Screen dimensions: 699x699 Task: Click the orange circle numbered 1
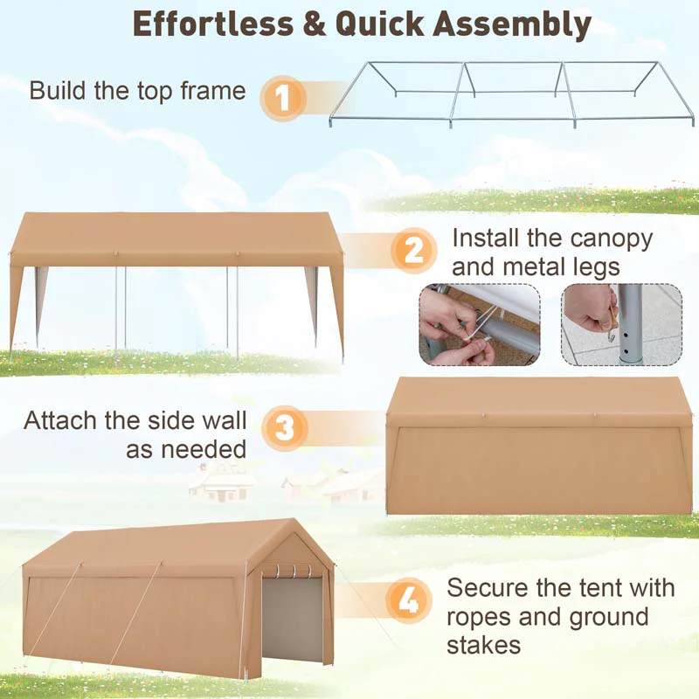pyautogui.click(x=281, y=97)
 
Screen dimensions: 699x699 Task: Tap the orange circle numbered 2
pyautogui.click(x=413, y=251)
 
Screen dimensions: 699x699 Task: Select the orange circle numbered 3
pyautogui.click(x=284, y=428)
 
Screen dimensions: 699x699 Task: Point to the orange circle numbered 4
pyautogui.click(x=408, y=600)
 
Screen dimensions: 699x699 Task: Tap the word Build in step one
pyautogui.click(x=59, y=90)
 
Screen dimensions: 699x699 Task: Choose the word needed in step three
pyautogui.click(x=203, y=449)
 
